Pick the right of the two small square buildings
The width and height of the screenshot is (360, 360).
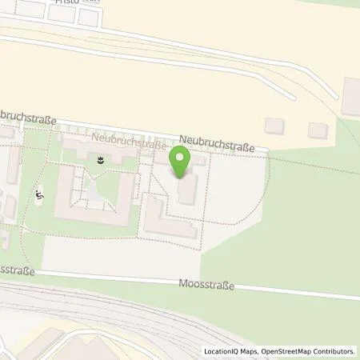(x=318, y=130)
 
